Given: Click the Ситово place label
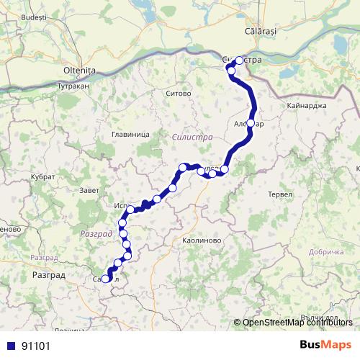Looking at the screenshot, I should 178,94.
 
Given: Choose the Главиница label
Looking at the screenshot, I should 130,134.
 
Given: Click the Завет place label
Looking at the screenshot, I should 90,190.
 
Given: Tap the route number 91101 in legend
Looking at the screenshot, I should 36,346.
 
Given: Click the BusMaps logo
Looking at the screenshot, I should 325,345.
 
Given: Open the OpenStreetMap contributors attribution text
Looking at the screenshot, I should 297,323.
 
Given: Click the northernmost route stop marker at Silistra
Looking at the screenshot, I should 240,60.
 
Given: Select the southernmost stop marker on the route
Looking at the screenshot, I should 106,279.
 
